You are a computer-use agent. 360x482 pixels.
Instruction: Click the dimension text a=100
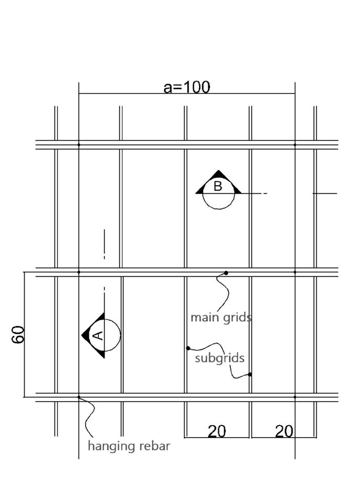(187, 87)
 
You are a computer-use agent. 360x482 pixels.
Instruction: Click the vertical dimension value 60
(18, 334)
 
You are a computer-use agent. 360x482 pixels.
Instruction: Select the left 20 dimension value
(217, 431)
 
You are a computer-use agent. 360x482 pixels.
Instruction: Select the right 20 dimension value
(284, 431)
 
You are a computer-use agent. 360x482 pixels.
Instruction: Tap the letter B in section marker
(218, 186)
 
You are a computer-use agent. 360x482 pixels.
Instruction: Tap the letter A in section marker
(97, 335)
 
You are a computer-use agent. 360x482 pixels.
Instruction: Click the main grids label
(220, 317)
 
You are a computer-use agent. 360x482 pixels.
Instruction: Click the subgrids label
(219, 358)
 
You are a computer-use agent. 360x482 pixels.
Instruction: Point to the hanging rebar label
(129, 446)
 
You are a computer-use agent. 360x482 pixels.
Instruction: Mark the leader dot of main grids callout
(226, 273)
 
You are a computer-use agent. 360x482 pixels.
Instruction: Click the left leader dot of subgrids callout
(188, 348)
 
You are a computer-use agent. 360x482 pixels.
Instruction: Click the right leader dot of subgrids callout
(250, 374)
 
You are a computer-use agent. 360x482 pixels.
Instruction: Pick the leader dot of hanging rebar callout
(79, 397)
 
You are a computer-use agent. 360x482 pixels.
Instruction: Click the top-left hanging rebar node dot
(79, 145)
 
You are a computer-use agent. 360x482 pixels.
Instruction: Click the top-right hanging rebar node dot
(295, 145)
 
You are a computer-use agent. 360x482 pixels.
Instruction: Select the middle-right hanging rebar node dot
(295, 272)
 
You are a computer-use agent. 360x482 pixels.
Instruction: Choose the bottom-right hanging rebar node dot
(295, 397)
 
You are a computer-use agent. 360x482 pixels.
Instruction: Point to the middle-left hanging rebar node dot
(79, 272)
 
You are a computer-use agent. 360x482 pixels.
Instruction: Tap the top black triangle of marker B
(218, 174)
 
